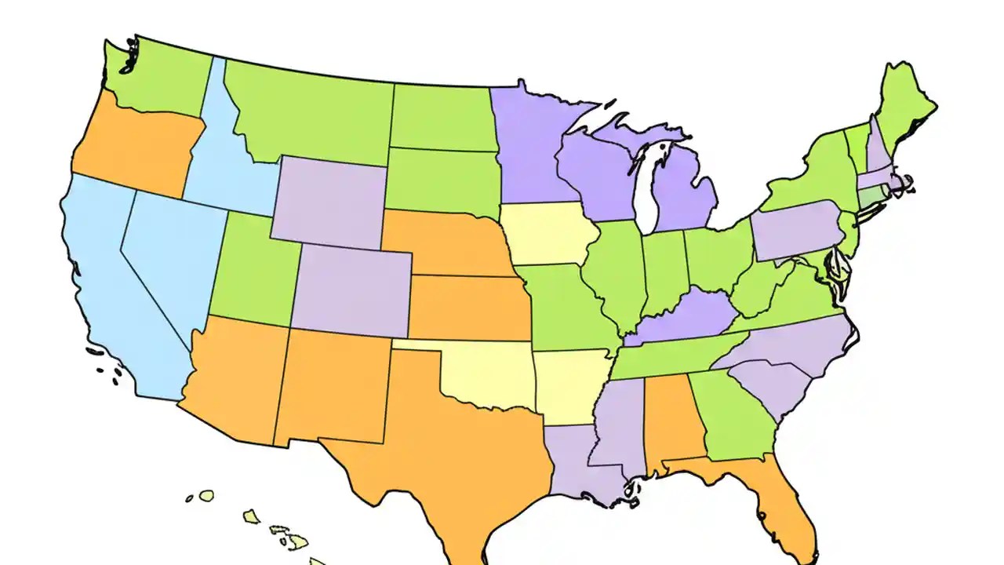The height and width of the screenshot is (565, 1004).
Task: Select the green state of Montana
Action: [x=314, y=110]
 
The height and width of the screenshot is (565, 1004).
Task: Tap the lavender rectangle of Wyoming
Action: [x=329, y=200]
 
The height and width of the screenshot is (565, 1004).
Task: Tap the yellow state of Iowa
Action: [x=545, y=235]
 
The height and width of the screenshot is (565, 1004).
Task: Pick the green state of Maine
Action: [x=902, y=110]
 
